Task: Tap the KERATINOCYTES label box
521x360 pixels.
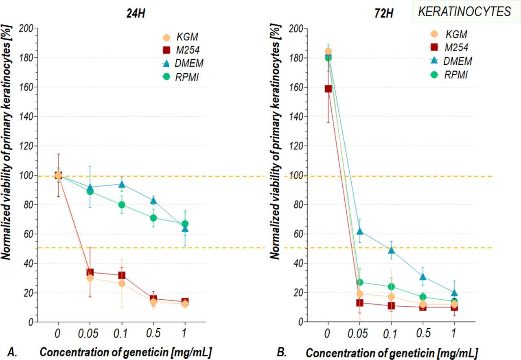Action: [x=465, y=12]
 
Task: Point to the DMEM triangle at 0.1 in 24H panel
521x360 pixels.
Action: [x=121, y=184]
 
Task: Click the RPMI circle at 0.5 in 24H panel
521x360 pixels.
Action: [x=153, y=218]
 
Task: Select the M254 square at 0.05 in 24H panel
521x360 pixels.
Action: [x=90, y=272]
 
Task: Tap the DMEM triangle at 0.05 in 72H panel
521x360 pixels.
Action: [x=359, y=231]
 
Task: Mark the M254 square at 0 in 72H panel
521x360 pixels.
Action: [x=328, y=89]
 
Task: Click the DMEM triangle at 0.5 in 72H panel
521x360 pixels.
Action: [x=423, y=277]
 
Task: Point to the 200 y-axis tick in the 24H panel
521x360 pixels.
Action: [x=28, y=29]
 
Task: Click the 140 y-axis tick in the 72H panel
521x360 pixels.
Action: [x=298, y=116]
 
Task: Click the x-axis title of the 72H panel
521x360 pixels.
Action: [x=392, y=352]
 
